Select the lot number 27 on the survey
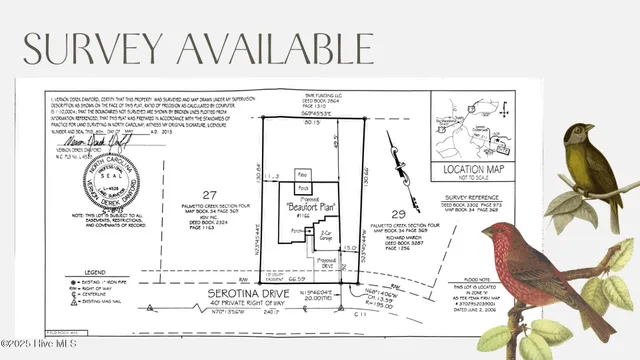click(x=208, y=194)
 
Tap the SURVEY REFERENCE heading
click(x=470, y=198)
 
